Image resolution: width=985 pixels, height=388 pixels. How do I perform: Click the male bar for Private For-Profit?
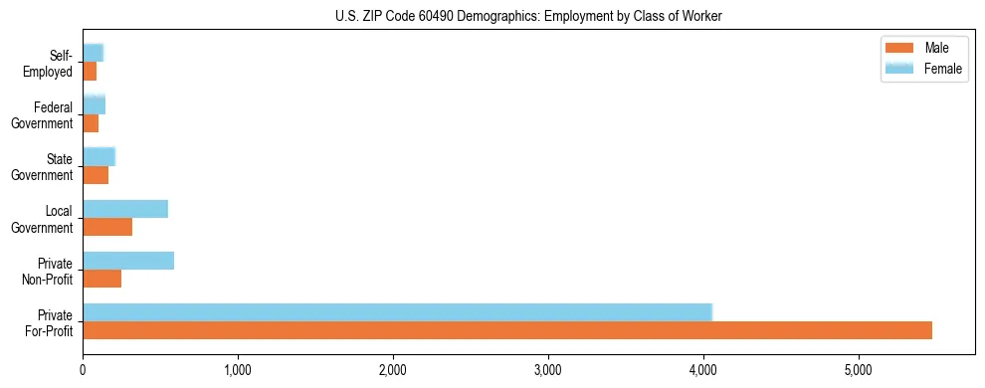click(507, 330)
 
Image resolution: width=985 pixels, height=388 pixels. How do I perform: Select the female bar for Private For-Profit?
click(397, 312)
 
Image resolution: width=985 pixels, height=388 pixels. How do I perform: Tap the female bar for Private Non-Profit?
click(128, 261)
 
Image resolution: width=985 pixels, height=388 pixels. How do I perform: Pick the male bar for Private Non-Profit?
click(101, 279)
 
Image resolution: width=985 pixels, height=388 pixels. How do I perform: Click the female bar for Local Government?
click(125, 209)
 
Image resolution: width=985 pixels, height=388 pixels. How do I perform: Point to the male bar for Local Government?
click(107, 227)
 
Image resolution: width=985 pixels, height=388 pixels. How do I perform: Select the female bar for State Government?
click(99, 156)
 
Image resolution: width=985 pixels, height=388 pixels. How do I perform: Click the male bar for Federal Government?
click(91, 123)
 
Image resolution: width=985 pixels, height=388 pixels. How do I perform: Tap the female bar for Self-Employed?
click(94, 53)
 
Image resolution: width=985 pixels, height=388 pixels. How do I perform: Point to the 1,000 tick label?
click(238, 370)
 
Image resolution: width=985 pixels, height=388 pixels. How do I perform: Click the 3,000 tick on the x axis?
click(548, 370)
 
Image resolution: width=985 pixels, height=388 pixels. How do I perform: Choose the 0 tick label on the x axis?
click(83, 370)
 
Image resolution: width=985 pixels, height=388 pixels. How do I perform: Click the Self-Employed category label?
click(54, 64)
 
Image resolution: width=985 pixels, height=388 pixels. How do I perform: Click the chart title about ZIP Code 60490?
click(527, 16)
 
